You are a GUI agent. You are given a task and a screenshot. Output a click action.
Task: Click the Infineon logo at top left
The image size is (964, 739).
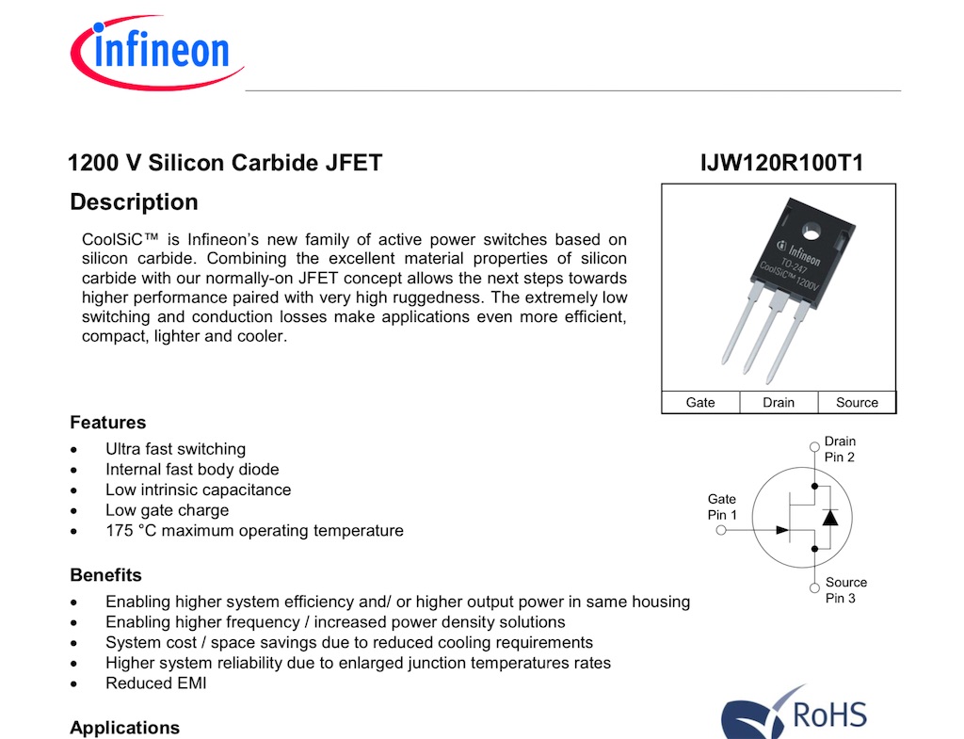point(155,52)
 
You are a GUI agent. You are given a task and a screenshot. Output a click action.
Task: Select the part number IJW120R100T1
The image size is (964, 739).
point(781,164)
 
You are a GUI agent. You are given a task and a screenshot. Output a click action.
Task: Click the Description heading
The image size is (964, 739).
point(134,202)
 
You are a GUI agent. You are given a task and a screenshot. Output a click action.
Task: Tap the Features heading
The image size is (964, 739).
point(107,423)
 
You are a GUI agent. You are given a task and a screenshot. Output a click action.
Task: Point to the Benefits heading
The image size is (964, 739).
point(105,575)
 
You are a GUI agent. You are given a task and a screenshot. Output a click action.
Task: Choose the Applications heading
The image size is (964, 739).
point(124,728)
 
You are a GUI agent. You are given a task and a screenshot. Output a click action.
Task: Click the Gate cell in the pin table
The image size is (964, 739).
point(700,402)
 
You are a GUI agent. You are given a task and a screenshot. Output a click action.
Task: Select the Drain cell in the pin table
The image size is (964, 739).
point(779,402)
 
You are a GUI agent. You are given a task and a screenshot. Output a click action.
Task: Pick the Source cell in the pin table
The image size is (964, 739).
point(857,402)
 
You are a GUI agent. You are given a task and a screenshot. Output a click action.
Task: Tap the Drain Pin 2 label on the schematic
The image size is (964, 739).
point(840,449)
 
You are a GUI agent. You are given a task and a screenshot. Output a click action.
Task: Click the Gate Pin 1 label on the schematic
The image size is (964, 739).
point(722,506)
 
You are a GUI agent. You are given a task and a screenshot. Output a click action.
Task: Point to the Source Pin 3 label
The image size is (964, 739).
point(845,590)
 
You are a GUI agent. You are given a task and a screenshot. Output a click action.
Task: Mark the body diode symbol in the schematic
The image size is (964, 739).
point(829,517)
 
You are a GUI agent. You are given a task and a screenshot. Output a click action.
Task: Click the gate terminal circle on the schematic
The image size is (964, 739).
point(722,531)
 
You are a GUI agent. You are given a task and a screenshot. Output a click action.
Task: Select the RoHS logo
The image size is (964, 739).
point(795,712)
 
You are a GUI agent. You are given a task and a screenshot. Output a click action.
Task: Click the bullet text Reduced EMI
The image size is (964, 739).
point(155,683)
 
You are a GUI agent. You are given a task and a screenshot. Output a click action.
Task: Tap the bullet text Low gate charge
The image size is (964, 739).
point(167,510)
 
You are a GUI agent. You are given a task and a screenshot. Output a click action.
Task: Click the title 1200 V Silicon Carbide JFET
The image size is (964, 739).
point(225,164)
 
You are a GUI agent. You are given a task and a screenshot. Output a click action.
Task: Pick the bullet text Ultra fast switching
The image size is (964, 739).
point(175,449)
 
